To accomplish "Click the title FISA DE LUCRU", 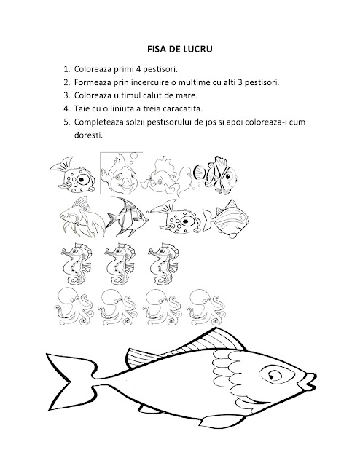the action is pyautogui.click(x=180, y=49).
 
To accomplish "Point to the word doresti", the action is pyautogui.click(x=88, y=135).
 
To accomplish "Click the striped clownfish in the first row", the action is pyautogui.click(x=216, y=175).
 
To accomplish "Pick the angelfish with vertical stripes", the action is pyautogui.click(x=128, y=216).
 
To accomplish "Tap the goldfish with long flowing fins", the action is pyautogui.click(x=82, y=217).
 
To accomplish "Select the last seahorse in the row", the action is pyautogui.click(x=164, y=264).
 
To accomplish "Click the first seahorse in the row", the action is pyautogui.click(x=77, y=264).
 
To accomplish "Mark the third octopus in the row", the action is pyautogui.click(x=163, y=307).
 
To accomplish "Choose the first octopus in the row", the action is pyautogui.click(x=74, y=307).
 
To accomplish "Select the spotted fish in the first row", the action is pyautogui.click(x=73, y=175).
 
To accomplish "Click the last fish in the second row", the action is pyautogui.click(x=226, y=218).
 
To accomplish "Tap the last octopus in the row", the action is pyautogui.click(x=206, y=307).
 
